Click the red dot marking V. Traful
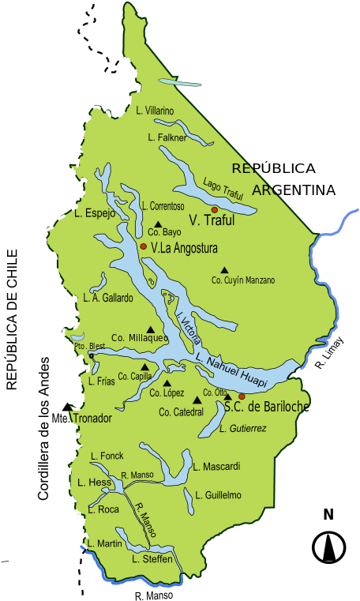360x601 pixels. [x=214, y=209]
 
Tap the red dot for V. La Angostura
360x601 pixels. [x=143, y=246]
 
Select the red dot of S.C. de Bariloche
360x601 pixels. [x=242, y=396]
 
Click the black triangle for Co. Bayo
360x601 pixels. [x=158, y=223]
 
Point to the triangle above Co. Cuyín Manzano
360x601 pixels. [x=224, y=269]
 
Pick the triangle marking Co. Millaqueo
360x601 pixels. [x=150, y=329]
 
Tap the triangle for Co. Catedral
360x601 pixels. [x=197, y=400]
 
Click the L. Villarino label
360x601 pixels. [x=155, y=111]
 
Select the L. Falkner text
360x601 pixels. [x=167, y=137]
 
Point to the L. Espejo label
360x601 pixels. [x=95, y=213]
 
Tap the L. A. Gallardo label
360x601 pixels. [x=108, y=298]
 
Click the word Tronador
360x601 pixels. [x=92, y=418]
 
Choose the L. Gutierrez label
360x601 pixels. [x=243, y=428]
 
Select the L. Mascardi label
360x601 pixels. [x=216, y=467]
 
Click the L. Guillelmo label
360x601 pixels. [x=218, y=495]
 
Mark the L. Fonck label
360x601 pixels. [x=107, y=456]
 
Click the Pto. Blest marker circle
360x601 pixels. [x=91, y=356]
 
